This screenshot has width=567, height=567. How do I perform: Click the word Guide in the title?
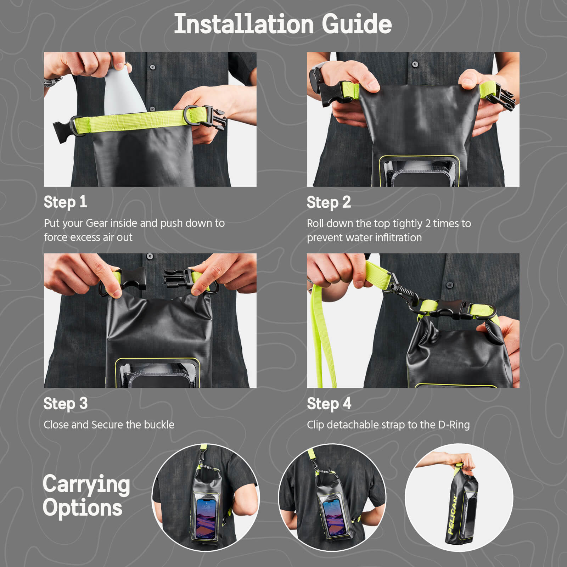click(x=357, y=24)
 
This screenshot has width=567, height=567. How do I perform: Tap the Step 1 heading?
click(x=65, y=202)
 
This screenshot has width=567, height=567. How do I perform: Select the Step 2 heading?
click(x=329, y=202)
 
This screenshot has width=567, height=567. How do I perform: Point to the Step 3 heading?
click(x=65, y=404)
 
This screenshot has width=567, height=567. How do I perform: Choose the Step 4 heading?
click(x=329, y=404)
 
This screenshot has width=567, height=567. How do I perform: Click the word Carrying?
click(x=86, y=484)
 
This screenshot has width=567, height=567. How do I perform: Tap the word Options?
click(x=82, y=507)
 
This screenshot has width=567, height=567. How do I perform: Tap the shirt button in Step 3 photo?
click(x=150, y=256)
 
